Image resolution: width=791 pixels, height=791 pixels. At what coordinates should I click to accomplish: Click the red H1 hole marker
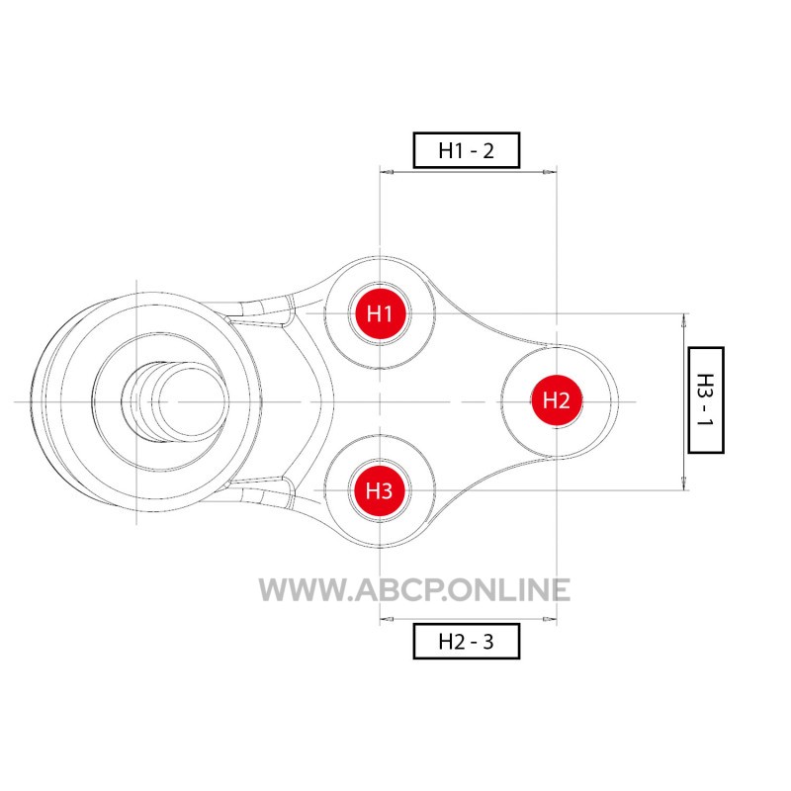pos(380,313)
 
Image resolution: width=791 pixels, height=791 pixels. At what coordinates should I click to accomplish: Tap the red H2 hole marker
pos(557,400)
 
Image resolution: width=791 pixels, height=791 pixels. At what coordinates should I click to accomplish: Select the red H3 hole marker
pos(380,490)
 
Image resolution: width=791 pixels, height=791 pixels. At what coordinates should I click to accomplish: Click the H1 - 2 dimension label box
pos(467,150)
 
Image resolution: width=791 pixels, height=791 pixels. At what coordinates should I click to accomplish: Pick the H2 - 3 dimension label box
pos(467,641)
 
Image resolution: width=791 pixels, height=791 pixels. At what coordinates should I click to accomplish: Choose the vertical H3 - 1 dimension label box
pos(706,400)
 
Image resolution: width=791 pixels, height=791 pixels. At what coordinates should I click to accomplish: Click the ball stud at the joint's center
pos(174,402)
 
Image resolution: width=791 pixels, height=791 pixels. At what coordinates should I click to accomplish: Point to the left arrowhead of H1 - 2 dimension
pos(387,172)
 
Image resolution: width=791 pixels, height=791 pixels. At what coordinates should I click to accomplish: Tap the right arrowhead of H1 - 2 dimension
pos(550,172)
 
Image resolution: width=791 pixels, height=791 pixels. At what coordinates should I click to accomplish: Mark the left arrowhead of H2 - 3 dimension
pos(387,619)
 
